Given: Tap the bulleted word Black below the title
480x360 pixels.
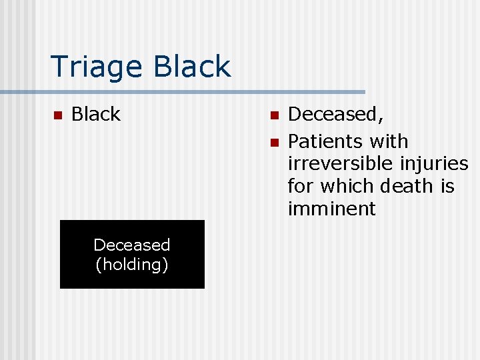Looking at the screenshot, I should point(96,115).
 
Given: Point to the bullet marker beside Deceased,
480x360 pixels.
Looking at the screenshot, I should point(273,115).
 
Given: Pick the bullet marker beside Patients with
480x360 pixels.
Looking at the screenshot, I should point(273,142).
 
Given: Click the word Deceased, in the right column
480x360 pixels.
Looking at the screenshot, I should point(336,115).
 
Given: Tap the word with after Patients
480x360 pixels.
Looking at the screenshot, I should point(389,141).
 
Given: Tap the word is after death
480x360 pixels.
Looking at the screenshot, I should point(447,186).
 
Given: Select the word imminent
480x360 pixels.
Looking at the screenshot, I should point(331,209).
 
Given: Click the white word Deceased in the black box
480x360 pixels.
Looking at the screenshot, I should point(132,245).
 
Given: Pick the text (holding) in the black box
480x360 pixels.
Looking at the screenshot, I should point(132,265).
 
